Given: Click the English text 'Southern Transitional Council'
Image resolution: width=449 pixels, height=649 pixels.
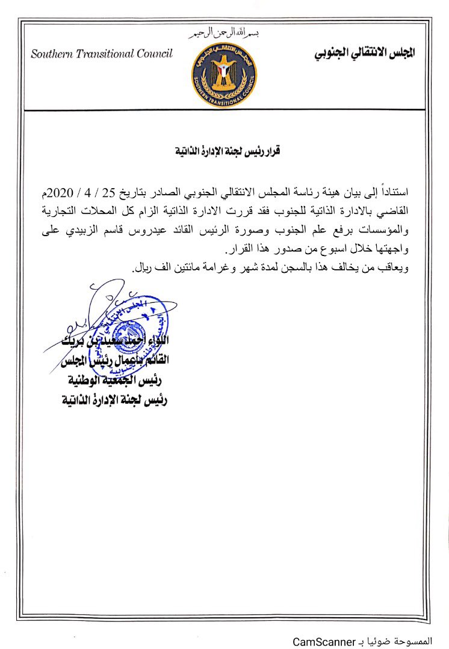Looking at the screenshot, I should [x=102, y=53].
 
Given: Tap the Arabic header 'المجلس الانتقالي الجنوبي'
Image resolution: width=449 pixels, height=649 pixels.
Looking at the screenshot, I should [x=365, y=53].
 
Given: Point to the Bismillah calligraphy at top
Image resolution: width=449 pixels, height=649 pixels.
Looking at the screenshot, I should [x=224, y=34].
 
